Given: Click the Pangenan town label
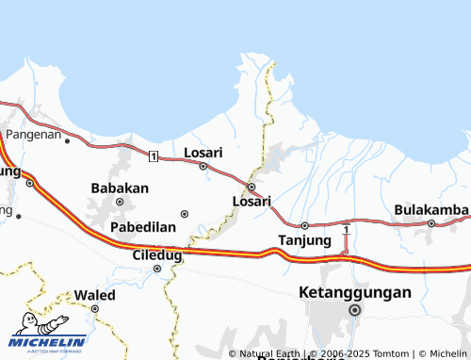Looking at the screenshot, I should [34, 135].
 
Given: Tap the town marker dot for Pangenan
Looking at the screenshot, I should [67, 140].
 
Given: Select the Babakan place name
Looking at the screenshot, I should [120, 188].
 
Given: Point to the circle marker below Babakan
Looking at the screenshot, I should [120, 201].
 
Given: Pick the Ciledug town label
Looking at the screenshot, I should [156, 254].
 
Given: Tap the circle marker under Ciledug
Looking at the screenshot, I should [157, 269].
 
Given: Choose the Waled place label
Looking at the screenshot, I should [95, 295].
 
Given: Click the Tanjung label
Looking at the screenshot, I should [305, 240].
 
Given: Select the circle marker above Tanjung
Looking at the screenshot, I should [305, 225].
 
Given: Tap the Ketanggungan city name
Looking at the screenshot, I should [355, 292].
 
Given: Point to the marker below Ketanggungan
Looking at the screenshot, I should [355, 309].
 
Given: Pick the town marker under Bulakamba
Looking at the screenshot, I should [431, 223].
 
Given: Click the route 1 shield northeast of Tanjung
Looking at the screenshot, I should [347, 230].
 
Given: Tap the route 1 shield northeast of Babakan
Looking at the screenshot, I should [153, 155].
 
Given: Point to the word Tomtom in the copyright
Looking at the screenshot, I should [394, 353].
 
